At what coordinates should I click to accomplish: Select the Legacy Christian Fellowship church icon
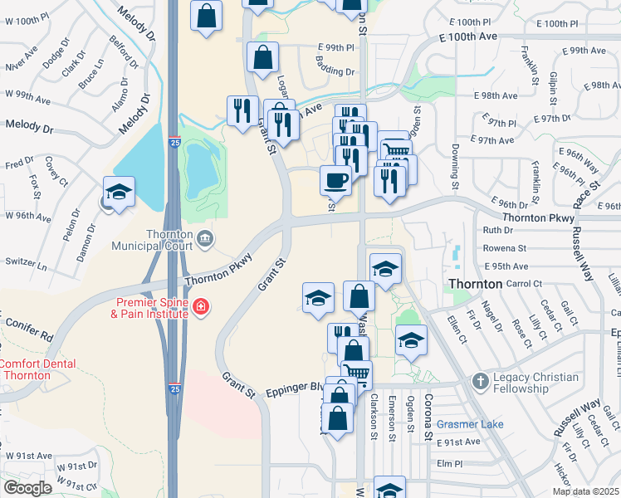tap(480, 382)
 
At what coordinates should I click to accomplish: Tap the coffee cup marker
tap(335, 179)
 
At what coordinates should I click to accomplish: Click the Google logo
tap(27, 488)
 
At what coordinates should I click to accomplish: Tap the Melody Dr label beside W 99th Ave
tap(30, 125)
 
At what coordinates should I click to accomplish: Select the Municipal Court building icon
tap(204, 239)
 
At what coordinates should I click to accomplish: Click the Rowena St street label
tap(505, 248)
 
